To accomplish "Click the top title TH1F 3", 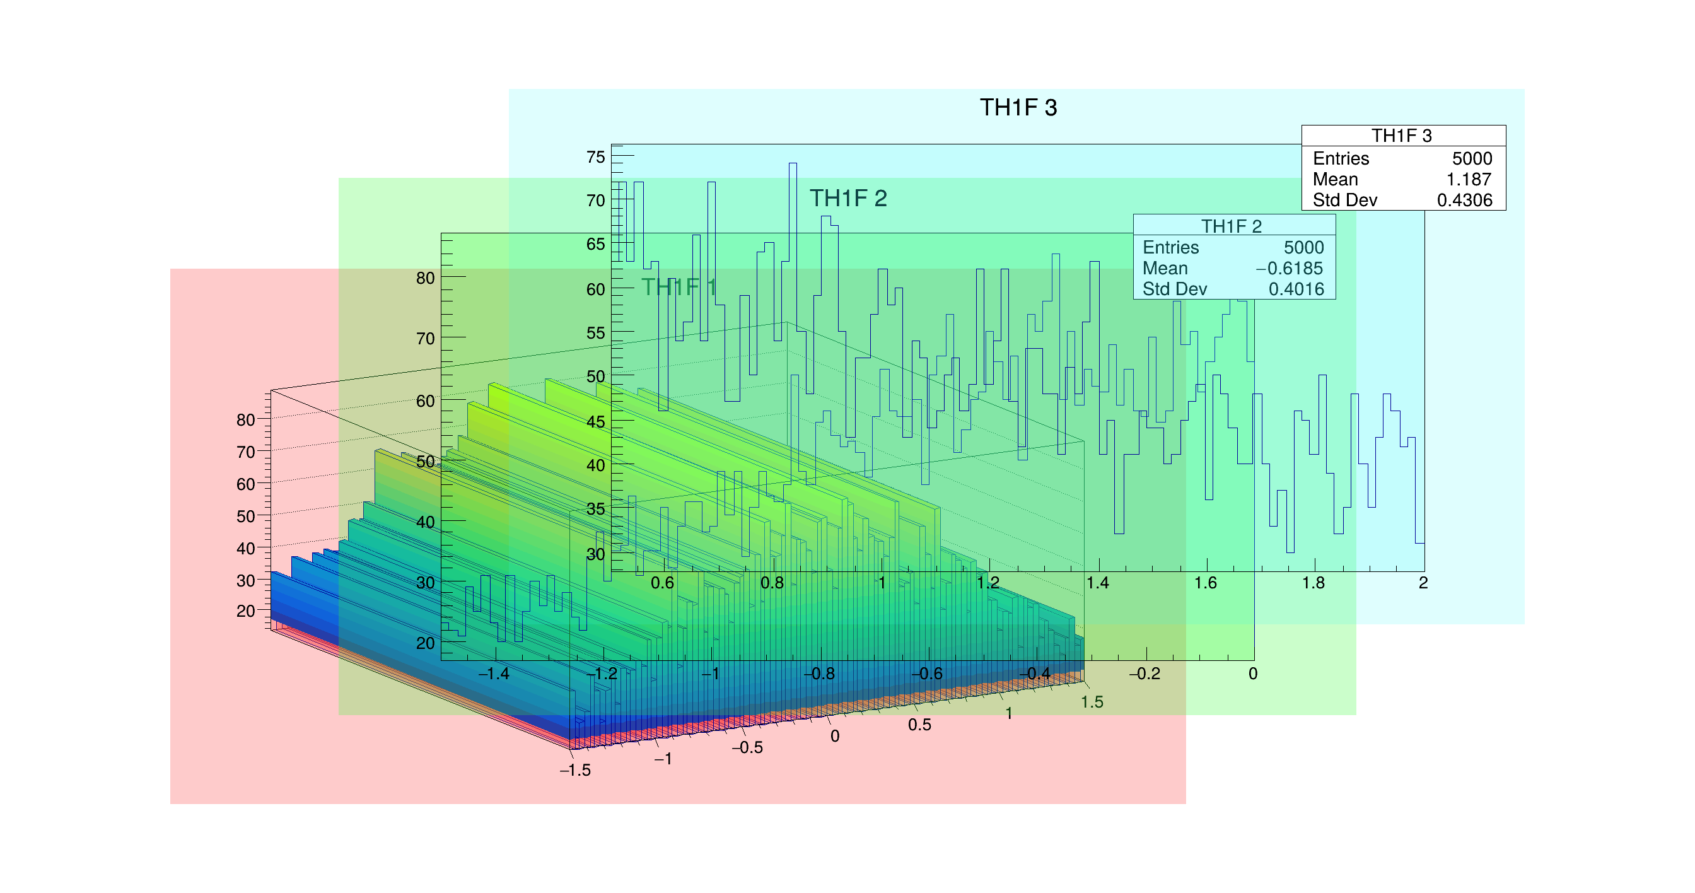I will click(x=1018, y=108).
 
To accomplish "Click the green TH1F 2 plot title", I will click(x=848, y=198).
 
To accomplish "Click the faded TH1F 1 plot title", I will click(x=679, y=287).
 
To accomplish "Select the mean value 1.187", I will click(x=1468, y=180).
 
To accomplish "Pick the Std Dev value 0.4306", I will click(x=1464, y=200).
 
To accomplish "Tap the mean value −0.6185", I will click(x=1289, y=269).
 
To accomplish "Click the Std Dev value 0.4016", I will click(x=1296, y=289).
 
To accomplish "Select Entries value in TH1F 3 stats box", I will click(x=1472, y=158).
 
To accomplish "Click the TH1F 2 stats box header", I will click(x=1231, y=226).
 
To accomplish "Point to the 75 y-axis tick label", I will click(x=595, y=157).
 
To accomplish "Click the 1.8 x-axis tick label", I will click(x=1313, y=583).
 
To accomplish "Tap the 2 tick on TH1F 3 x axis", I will click(x=1423, y=583).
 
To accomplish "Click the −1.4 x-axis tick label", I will click(x=494, y=674).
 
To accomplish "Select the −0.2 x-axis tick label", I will click(x=1145, y=674).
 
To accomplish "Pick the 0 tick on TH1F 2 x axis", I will click(x=1253, y=674).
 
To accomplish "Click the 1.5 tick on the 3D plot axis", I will click(x=1092, y=702).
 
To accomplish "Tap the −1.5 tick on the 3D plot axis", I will click(x=575, y=771).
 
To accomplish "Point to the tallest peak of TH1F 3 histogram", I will click(x=793, y=164).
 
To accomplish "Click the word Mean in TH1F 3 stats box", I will click(x=1335, y=180).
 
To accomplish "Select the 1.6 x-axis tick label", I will click(x=1206, y=583).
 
